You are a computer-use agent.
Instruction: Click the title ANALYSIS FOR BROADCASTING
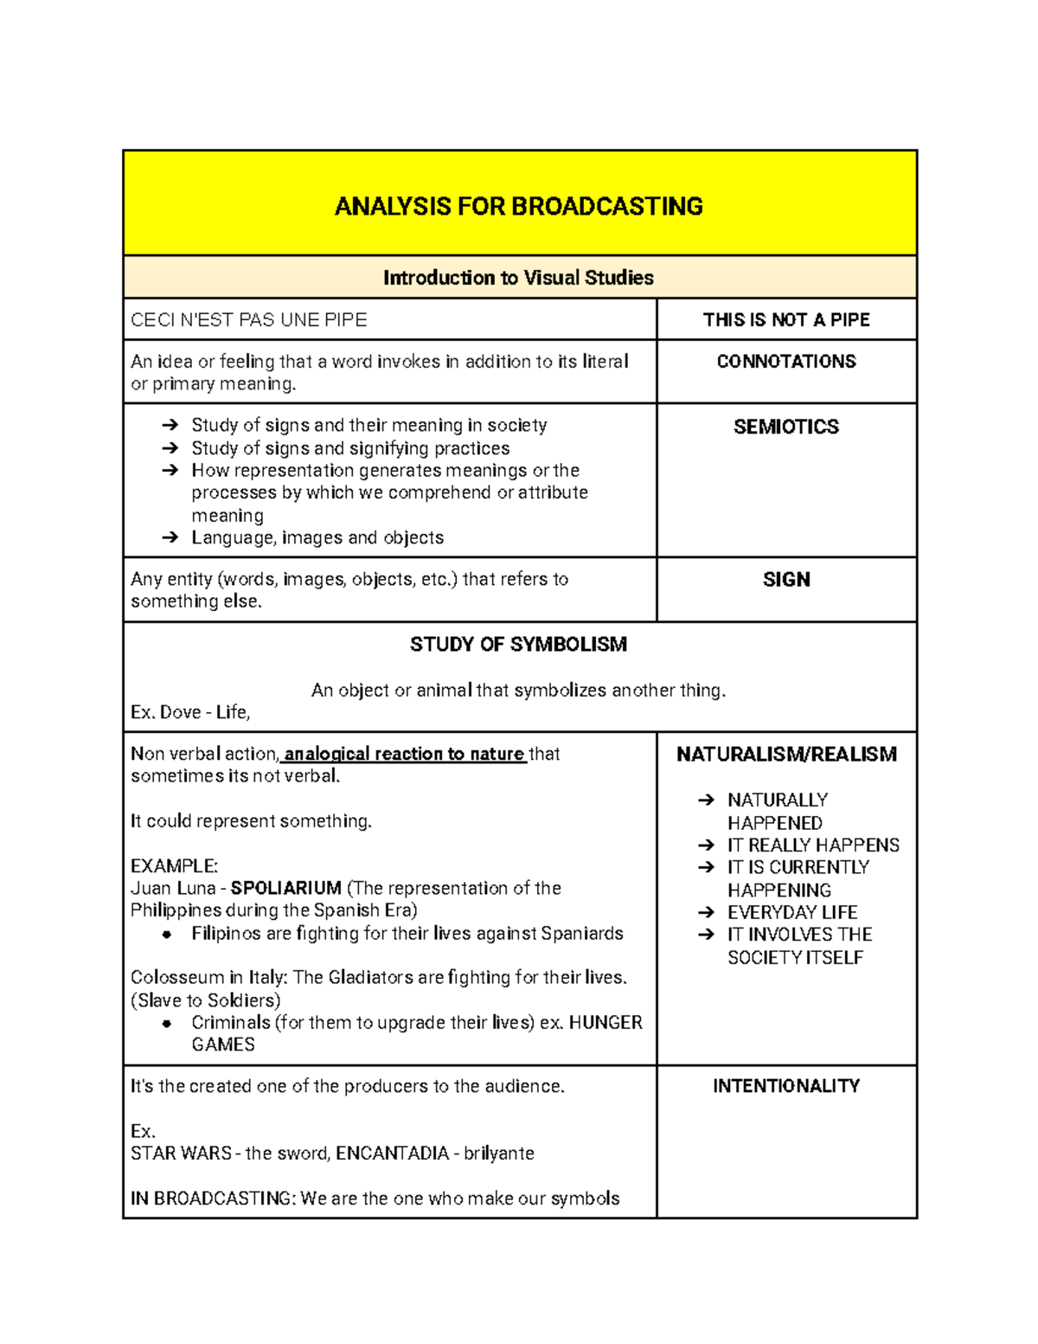click(x=518, y=207)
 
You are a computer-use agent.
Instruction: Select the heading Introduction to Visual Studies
click(x=518, y=278)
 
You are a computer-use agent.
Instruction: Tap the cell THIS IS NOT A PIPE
click(x=785, y=320)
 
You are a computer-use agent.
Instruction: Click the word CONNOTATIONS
click(x=785, y=362)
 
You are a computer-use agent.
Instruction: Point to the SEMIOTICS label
click(x=785, y=427)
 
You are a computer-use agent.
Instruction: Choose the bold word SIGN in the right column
click(x=785, y=580)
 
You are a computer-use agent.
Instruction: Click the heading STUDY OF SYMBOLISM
click(x=518, y=645)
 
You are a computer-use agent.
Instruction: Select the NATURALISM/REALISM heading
click(x=785, y=755)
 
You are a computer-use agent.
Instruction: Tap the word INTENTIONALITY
click(x=785, y=1086)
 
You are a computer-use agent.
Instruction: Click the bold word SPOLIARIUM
click(x=285, y=889)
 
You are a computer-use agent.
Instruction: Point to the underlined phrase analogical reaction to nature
click(x=404, y=755)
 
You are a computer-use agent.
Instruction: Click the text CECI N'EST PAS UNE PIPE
click(x=249, y=320)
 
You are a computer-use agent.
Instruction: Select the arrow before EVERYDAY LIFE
click(x=707, y=912)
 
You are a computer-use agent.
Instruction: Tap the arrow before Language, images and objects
click(x=170, y=538)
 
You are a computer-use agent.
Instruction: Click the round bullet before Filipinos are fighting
click(x=167, y=935)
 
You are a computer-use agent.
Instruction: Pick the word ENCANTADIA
click(x=392, y=1154)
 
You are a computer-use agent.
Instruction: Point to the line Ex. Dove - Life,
click(x=190, y=712)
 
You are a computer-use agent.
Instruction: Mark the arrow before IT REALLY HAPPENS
click(x=707, y=846)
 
